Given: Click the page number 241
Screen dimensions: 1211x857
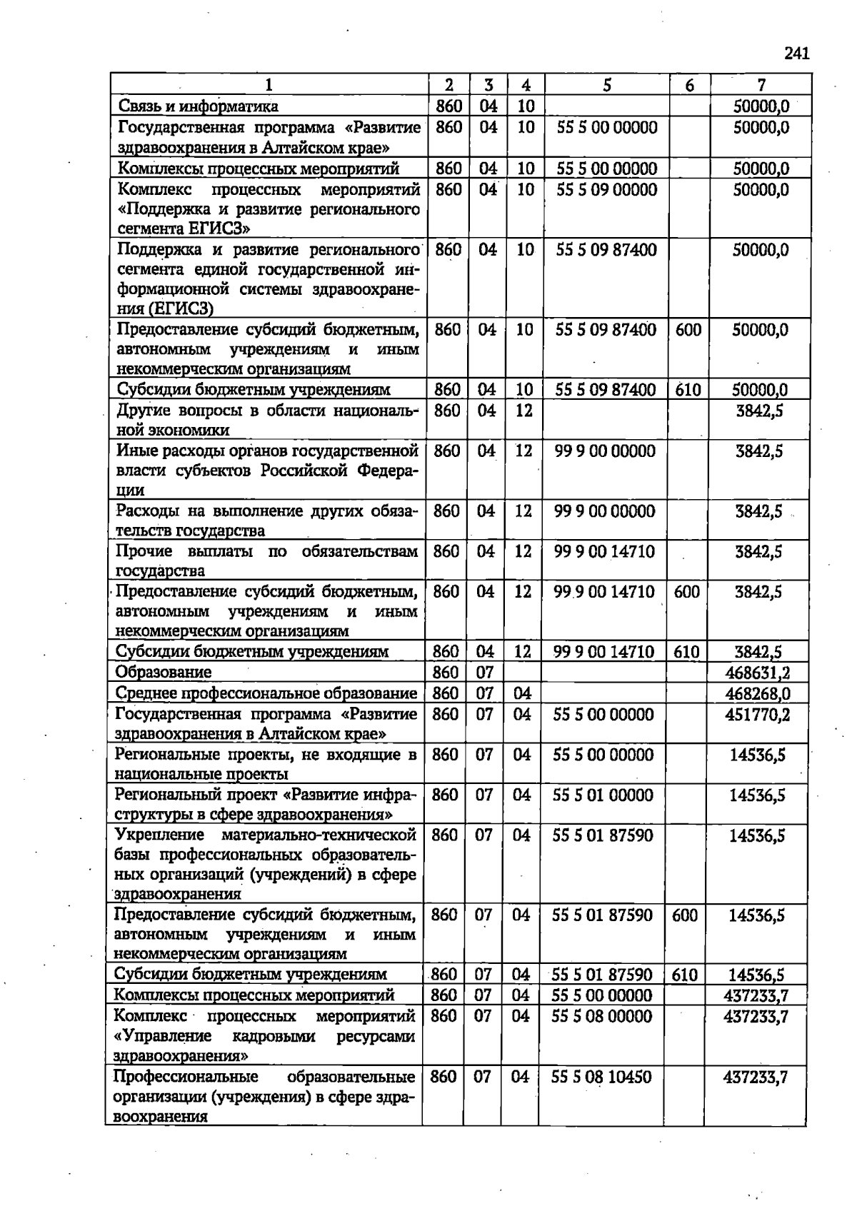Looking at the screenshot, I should [x=796, y=54].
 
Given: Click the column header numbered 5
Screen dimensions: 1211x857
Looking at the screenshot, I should [x=606, y=85].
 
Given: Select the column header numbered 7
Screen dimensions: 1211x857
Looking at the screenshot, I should [x=761, y=85].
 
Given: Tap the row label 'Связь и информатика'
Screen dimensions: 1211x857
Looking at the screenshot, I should [x=198, y=106].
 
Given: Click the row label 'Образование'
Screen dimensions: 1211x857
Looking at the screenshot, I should [x=164, y=672].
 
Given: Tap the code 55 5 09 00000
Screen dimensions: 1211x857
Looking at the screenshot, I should [x=606, y=189].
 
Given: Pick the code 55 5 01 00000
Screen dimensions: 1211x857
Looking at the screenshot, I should [x=603, y=795].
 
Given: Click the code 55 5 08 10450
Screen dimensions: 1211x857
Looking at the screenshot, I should [x=601, y=1077].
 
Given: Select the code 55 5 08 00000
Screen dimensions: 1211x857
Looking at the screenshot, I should [x=601, y=1015].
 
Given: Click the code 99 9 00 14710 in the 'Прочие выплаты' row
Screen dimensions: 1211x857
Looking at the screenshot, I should [x=604, y=551].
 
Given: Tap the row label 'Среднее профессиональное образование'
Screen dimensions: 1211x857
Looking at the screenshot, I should [x=266, y=693].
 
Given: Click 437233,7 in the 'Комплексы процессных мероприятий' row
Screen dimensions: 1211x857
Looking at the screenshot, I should [x=756, y=995].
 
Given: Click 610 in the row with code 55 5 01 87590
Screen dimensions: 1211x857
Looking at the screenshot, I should [x=684, y=975].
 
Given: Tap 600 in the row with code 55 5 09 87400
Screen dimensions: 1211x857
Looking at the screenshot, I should [x=688, y=330].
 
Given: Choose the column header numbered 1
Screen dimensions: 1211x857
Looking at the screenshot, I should [x=269, y=85].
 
